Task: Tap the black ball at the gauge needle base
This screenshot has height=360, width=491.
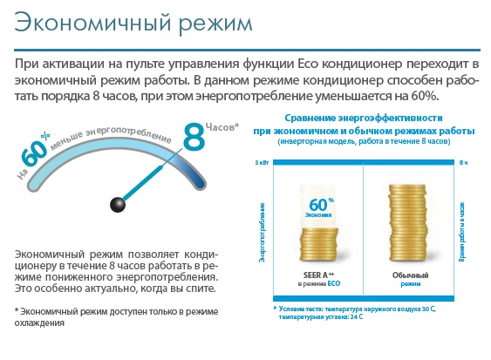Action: pos(118,205)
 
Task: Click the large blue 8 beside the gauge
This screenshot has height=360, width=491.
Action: pos(194,137)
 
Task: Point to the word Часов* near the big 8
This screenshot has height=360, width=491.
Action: pos(222,126)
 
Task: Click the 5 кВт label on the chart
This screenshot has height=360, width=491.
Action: pos(262,162)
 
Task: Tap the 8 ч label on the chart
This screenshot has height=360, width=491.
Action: pos(464,162)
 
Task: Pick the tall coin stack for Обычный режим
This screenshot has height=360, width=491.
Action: pos(407,223)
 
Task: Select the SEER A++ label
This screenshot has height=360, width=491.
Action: pos(318,275)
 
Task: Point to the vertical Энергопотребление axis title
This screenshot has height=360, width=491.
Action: pos(262,233)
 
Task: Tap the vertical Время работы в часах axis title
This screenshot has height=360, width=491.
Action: pos(462,232)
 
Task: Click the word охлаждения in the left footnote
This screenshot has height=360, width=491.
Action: pos(39,323)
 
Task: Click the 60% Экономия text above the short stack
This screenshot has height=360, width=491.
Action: pos(319,207)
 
